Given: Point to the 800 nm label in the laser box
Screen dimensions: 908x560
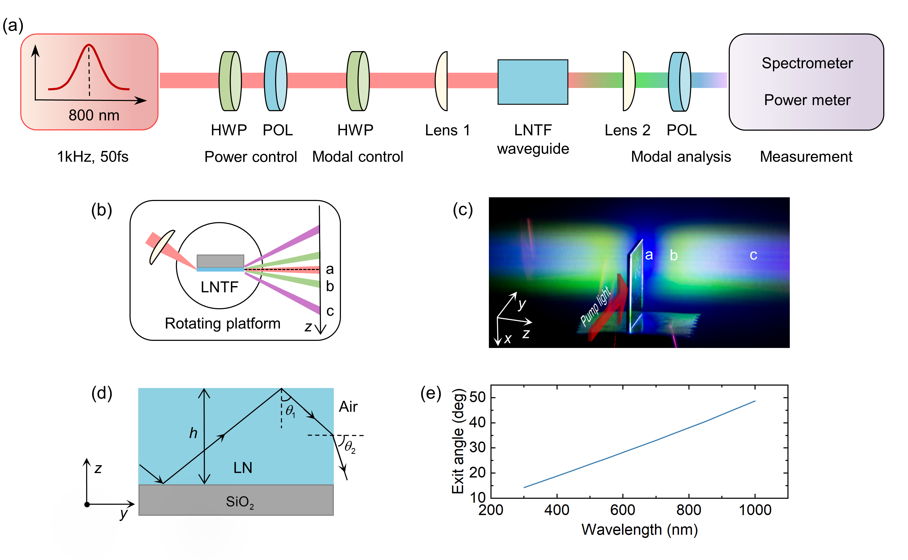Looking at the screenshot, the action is pos(94,115).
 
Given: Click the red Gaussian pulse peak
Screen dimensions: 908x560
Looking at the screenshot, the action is pos(89,45).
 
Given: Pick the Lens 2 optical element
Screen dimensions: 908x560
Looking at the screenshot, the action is pos(629,81).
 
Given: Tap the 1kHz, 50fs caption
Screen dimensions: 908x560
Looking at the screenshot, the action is pos(93,157).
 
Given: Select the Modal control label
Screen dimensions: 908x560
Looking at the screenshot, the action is pos(358,157).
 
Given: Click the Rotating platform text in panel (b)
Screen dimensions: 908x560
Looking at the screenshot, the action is pos(222,323).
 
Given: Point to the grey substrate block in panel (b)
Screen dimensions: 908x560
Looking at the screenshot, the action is pos(220,261).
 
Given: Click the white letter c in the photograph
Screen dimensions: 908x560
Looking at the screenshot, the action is pos(753,255).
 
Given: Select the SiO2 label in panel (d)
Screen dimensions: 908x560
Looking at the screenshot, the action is pos(240,503).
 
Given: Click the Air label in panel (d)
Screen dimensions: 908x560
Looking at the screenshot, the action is pos(348,407).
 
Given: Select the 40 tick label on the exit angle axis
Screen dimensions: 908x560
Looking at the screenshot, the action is pos(478,422).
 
